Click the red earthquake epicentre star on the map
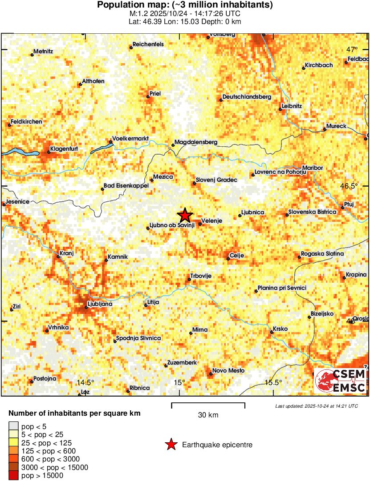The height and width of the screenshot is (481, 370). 185,216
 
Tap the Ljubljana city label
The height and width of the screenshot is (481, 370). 100,304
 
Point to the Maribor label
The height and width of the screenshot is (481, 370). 312,168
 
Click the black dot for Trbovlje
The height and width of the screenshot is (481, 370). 189,279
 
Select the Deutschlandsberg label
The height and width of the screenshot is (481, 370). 247,97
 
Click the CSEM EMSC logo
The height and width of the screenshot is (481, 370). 340,381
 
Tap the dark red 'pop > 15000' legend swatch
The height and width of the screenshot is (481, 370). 14,475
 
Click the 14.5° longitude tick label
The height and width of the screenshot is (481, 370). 85,382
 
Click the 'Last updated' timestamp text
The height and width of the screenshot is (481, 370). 316,406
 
